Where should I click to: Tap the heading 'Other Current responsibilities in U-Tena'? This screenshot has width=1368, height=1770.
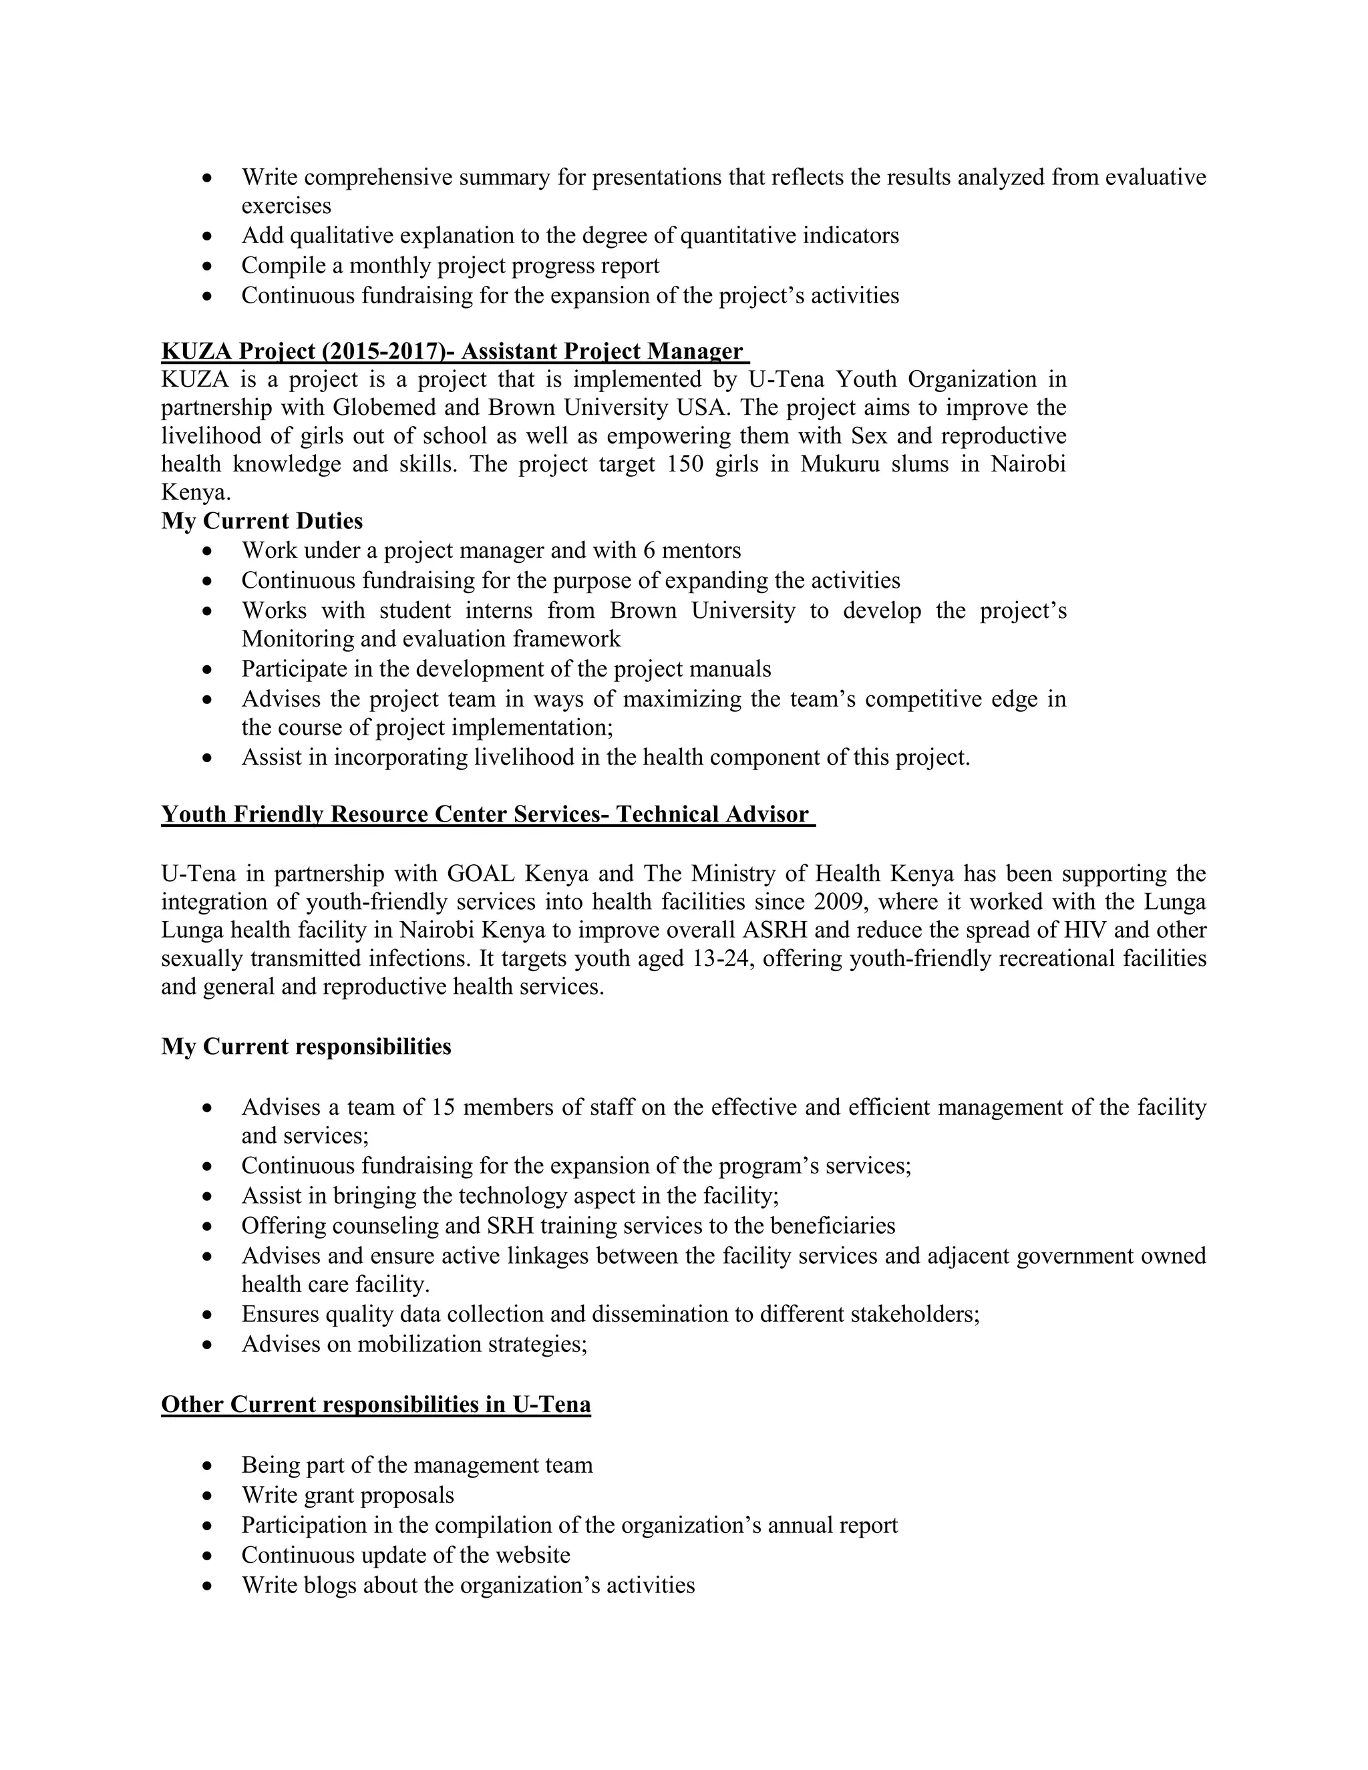375,1404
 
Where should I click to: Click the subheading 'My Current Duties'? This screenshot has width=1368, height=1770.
262,520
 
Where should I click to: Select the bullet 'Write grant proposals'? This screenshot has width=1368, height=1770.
347,1495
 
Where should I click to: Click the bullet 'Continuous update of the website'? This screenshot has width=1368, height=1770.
405,1555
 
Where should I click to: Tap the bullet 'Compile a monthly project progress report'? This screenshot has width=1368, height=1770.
450,266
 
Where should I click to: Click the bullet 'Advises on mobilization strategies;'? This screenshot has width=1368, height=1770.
414,1344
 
